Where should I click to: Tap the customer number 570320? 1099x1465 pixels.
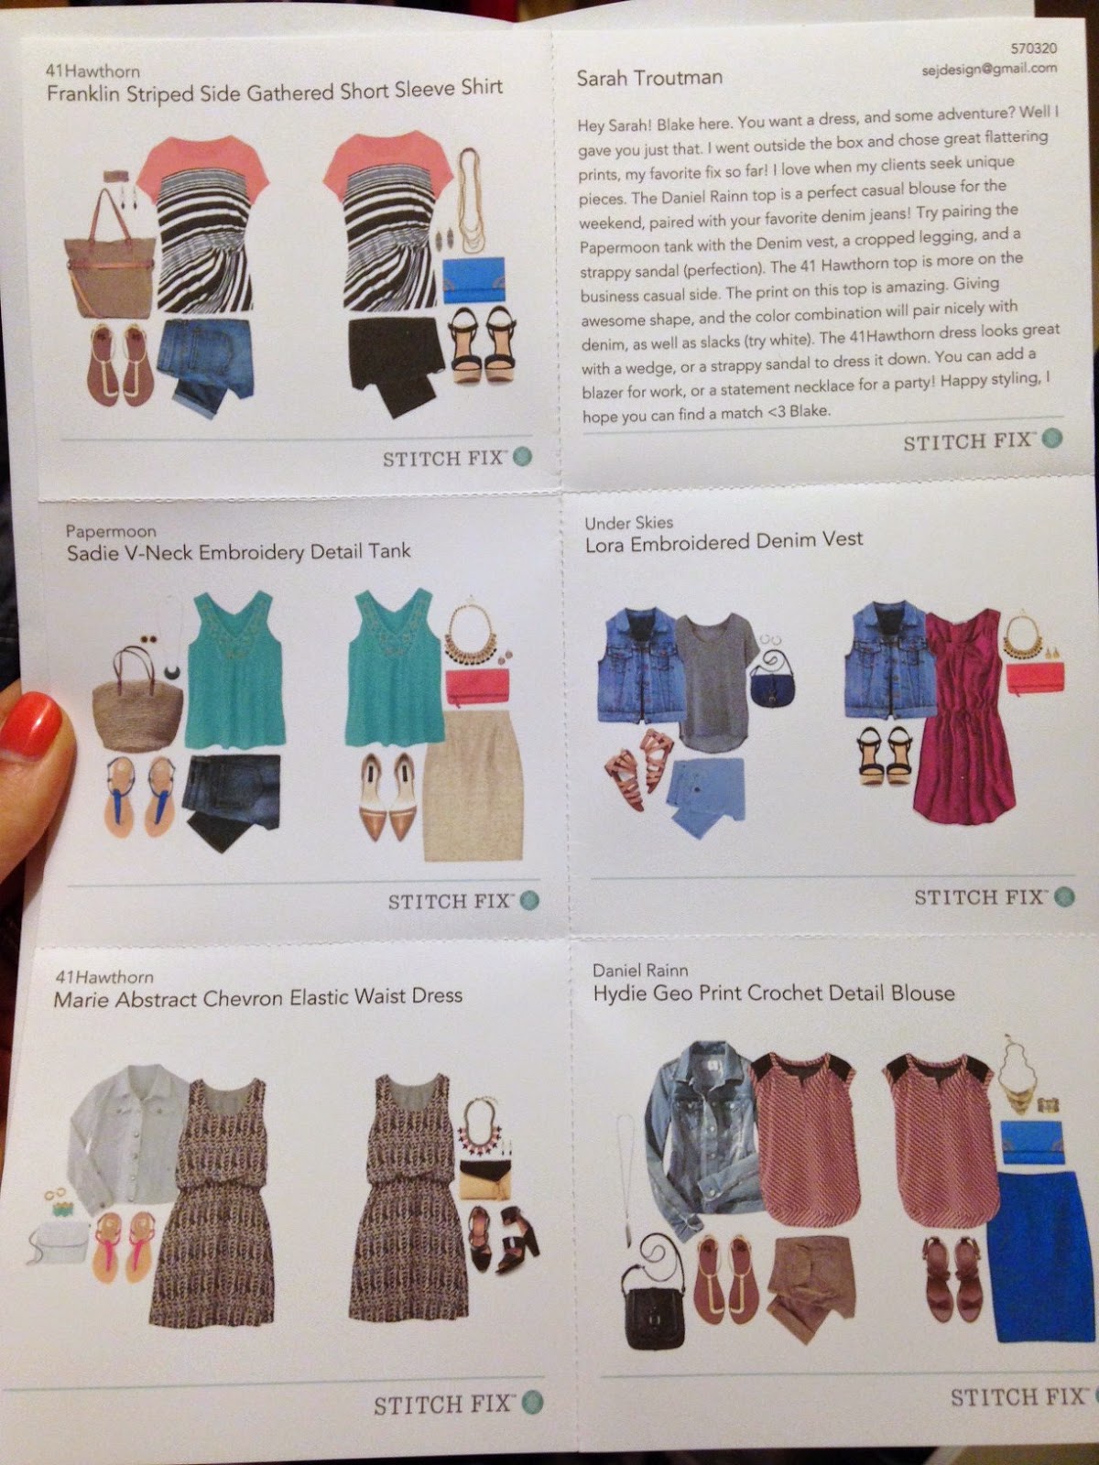pos(1034,49)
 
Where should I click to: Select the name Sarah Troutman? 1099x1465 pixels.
pos(649,78)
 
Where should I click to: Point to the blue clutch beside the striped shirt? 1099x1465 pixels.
pos(473,280)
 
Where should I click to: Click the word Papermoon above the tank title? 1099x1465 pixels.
pos(111,531)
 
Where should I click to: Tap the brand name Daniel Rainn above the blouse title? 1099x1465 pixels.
pos(640,970)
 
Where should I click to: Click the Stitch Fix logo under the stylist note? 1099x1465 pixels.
pos(983,441)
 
